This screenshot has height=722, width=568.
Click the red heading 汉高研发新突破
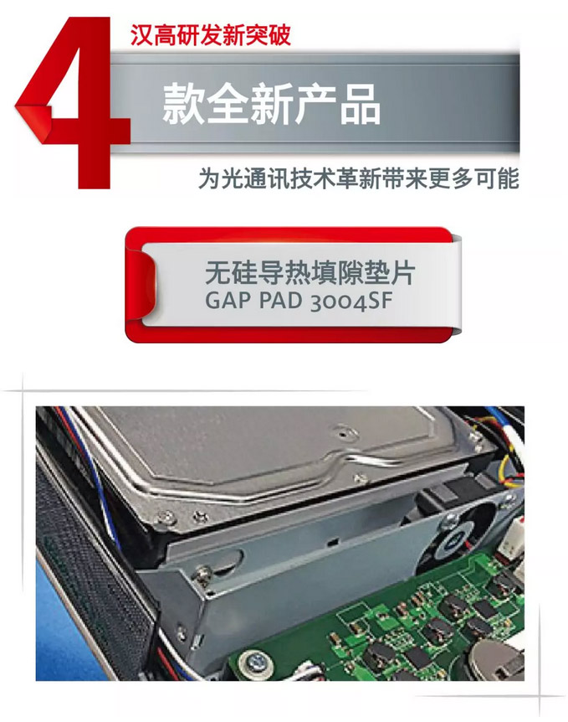pos(210,35)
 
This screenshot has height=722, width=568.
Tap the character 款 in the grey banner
pos(183,104)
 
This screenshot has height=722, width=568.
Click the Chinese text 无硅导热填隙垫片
pos(310,273)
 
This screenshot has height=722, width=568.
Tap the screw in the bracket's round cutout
pos(204,575)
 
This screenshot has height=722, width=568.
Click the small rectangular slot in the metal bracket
pos(333,540)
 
